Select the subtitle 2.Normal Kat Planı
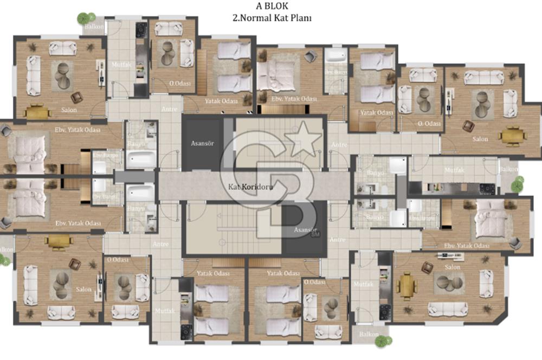point(272,17)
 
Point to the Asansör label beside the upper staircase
point(200,144)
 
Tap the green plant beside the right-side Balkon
point(517,184)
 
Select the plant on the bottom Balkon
point(383,342)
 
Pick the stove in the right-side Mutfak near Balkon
point(487,188)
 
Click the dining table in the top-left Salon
point(38,111)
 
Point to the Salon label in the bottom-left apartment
point(84,289)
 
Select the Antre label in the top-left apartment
point(169,109)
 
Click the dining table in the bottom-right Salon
point(405,284)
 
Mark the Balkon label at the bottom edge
point(369,334)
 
